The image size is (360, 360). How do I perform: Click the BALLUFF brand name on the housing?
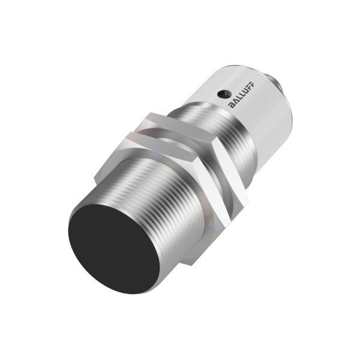242,94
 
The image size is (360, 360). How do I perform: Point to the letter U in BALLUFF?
245,91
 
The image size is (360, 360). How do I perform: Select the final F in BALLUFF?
253,83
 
